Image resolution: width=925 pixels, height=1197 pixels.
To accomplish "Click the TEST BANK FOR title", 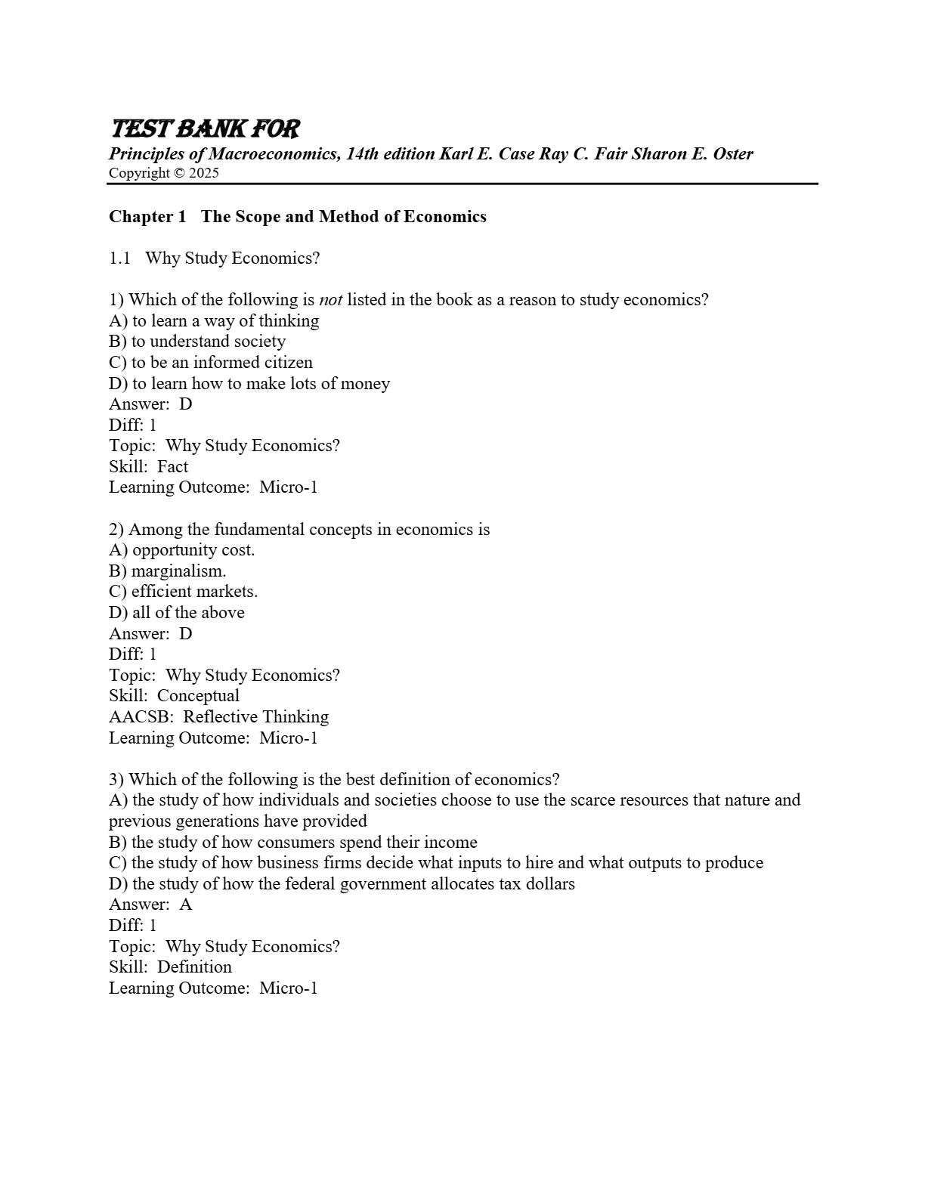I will (x=205, y=129).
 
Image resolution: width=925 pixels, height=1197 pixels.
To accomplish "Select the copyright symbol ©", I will (x=179, y=173).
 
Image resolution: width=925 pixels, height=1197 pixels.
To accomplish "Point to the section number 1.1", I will (x=119, y=258).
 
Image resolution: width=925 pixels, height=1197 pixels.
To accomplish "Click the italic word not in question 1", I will (x=330, y=300).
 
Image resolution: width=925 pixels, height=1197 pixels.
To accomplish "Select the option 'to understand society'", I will (x=209, y=342).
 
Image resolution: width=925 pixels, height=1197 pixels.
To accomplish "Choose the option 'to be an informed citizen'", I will (x=221, y=363).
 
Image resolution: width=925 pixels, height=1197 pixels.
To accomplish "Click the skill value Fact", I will (x=172, y=467).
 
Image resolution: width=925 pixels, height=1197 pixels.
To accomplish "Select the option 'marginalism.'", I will (x=179, y=571).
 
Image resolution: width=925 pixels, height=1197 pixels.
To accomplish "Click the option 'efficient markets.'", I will (x=194, y=592).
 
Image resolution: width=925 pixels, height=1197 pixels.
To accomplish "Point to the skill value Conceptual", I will (x=198, y=696).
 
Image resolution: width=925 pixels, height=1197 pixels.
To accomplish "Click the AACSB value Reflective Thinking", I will (x=256, y=717).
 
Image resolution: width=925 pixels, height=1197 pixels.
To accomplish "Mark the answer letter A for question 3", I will (x=186, y=905).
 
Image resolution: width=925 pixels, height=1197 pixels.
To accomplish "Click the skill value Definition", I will (x=194, y=967).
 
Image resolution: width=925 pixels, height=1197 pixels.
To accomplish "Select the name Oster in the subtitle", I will (x=733, y=154).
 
